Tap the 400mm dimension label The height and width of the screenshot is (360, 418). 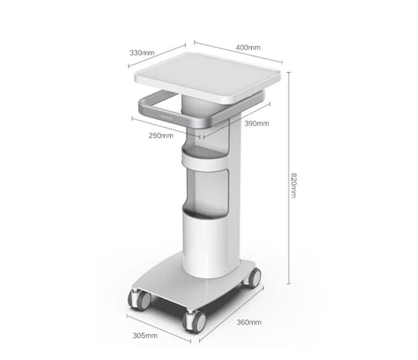click(248, 48)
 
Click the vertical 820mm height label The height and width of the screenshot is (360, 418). click(293, 185)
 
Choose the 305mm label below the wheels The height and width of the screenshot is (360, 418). click(146, 335)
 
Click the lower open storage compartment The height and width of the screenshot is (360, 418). click(209, 191)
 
